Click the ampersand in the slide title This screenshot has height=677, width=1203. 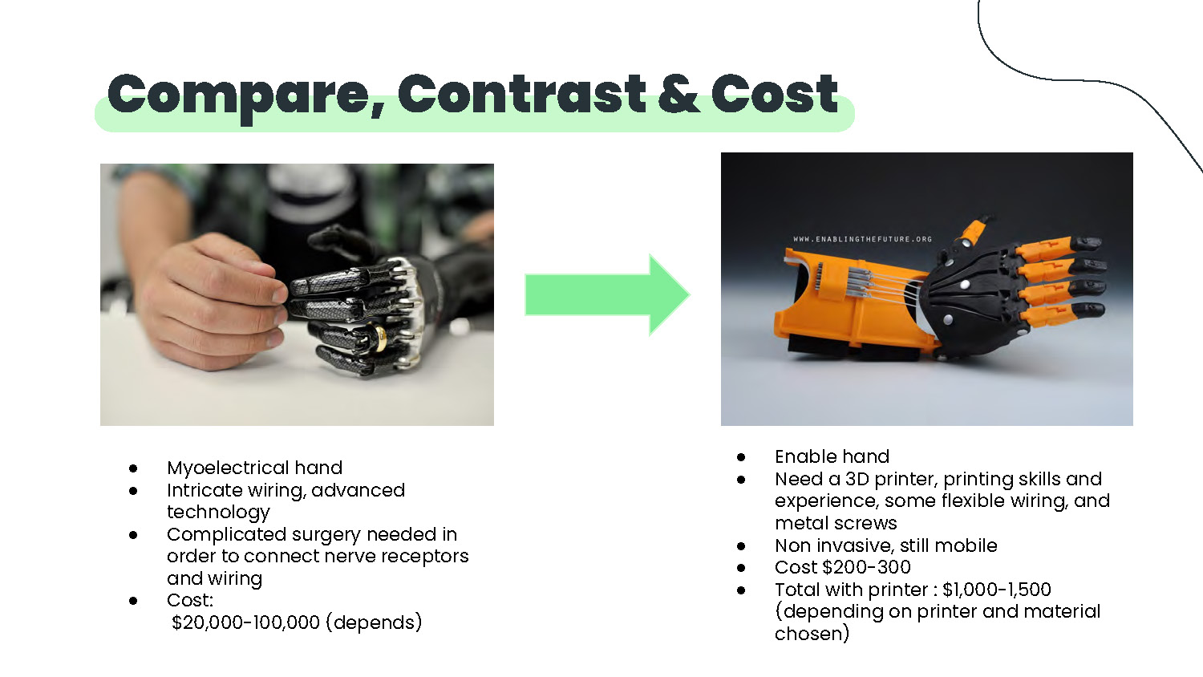pos(678,95)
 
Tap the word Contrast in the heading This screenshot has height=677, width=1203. pos(521,94)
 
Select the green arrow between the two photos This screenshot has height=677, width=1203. pos(607,295)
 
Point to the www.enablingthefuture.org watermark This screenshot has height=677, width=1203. pos(862,239)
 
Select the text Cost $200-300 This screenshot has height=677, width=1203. pos(843,567)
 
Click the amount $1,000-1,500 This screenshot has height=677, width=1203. pos(997,590)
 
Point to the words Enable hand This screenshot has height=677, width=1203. pos(832,456)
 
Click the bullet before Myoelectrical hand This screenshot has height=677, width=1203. pos(133,468)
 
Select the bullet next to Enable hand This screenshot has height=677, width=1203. pos(741,457)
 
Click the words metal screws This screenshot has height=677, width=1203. pos(836,523)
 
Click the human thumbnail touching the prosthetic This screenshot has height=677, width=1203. pos(279,294)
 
